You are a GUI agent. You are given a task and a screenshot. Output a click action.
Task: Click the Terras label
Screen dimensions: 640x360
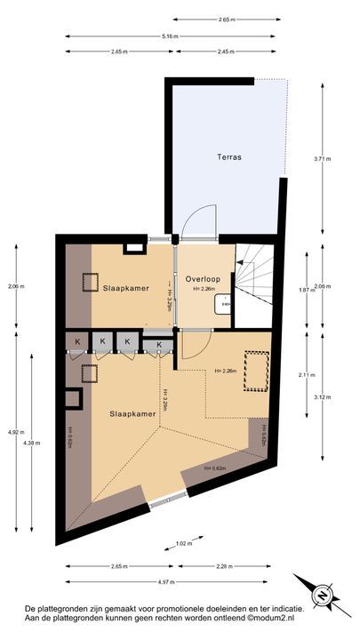229,156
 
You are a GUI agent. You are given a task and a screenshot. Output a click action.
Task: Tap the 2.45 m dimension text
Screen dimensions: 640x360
226,52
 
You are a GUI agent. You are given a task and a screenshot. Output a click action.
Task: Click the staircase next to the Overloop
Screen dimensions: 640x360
256,275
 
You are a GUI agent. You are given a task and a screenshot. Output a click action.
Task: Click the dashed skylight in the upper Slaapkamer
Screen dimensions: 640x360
92,283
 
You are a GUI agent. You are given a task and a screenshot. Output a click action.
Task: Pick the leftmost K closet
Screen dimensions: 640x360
77,342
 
